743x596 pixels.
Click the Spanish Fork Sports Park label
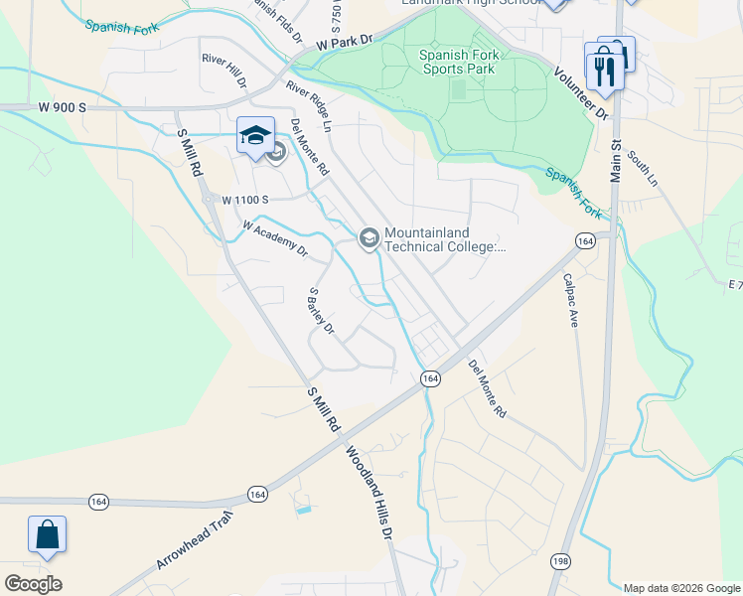click(456, 62)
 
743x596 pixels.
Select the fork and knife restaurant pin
click(603, 66)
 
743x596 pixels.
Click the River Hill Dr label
click(223, 73)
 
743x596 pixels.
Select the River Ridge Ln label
click(307, 106)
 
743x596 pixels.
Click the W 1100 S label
click(245, 200)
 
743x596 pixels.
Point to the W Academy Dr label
click(275, 237)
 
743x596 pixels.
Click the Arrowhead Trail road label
click(194, 539)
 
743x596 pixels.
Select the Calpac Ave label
click(571, 300)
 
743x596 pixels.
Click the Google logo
click(33, 584)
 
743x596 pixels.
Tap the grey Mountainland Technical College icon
click(369, 237)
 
